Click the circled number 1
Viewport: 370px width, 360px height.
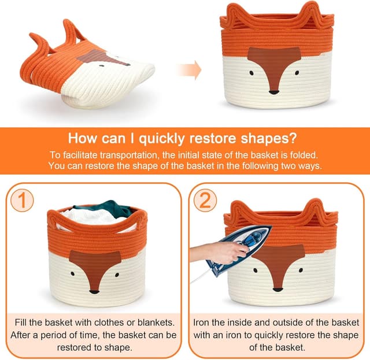click(22, 200)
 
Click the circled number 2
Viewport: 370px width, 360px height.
click(205, 200)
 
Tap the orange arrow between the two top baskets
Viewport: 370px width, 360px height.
click(190, 70)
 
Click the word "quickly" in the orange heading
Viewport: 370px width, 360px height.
click(162, 139)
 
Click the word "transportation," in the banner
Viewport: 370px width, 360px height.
click(129, 155)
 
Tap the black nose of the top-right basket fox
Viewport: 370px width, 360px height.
click(274, 92)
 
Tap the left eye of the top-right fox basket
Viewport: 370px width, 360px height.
click(251, 73)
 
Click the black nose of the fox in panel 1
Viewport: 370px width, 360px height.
click(94, 292)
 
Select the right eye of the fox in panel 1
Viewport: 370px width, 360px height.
click(117, 274)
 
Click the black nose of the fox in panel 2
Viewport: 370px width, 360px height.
click(277, 290)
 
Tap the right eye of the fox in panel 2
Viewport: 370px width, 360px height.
click(301, 270)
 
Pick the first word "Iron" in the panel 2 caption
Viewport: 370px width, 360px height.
click(201, 322)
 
